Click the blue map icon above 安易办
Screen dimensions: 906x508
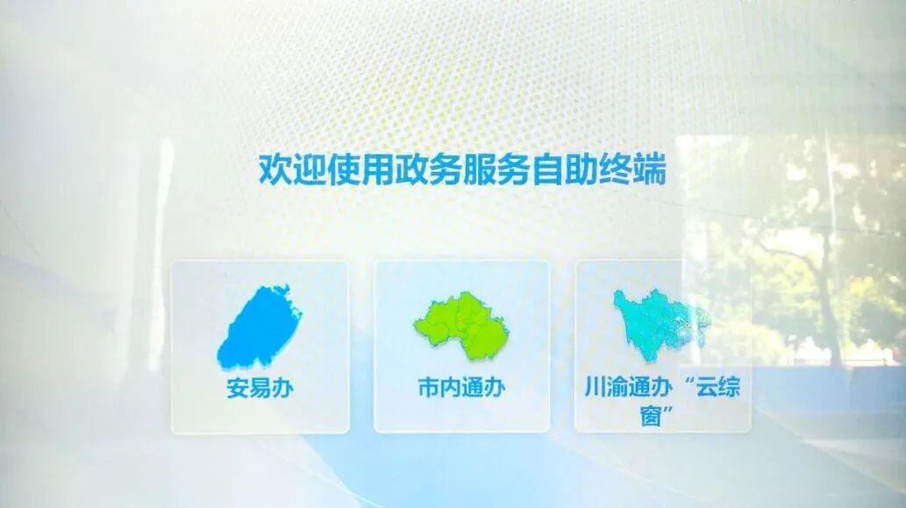click(260, 326)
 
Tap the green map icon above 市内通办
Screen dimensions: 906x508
click(461, 325)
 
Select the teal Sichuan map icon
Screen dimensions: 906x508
click(661, 325)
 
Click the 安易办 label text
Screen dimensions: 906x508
click(260, 388)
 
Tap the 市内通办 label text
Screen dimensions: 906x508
click(461, 387)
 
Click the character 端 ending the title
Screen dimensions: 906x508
click(650, 169)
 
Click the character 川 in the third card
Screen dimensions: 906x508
click(596, 387)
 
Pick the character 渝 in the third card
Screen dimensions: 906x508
click(617, 387)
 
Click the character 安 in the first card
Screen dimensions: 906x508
click(238, 388)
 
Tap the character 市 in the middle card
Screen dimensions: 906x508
click(429, 387)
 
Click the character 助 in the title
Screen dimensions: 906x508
click(581, 169)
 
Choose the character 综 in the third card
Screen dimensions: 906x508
click(729, 387)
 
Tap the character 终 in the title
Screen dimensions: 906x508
click(616, 169)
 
